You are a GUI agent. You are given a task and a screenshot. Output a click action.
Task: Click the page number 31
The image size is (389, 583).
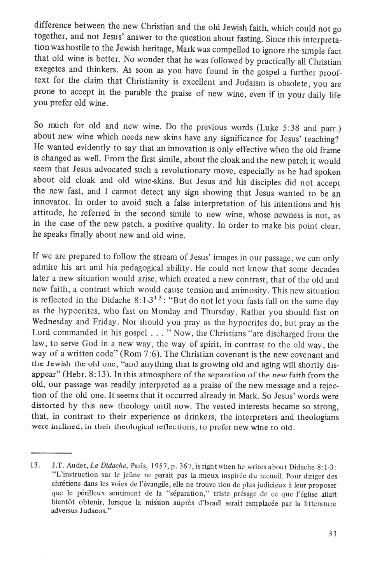point(332,534)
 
